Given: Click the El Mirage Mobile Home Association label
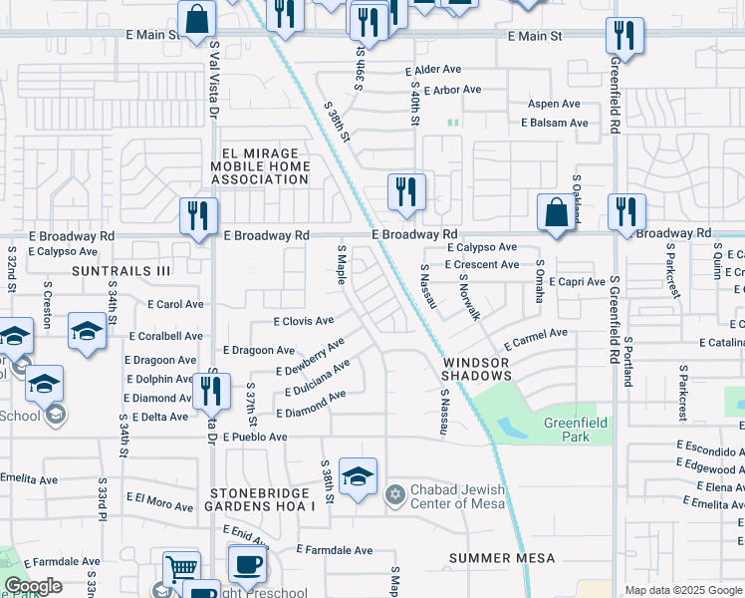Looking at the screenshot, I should (260, 166).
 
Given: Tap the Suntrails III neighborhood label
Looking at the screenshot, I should (122, 271).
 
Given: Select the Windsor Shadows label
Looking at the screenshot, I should (478, 369).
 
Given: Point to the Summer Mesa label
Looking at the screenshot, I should (500, 558).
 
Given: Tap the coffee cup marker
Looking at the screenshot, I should (247, 564).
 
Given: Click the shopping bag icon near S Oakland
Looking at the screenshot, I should (555, 212).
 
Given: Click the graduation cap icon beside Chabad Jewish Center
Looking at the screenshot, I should (358, 475).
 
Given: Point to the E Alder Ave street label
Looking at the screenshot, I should (433, 71).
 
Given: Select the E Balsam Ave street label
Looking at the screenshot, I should (554, 123).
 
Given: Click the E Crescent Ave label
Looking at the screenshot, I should (482, 264).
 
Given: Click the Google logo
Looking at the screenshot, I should (33, 586).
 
